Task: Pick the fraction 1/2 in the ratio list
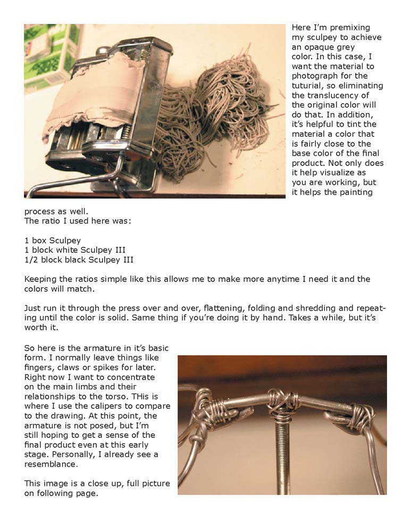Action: tap(31, 260)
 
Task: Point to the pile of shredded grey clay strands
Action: tap(213, 117)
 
